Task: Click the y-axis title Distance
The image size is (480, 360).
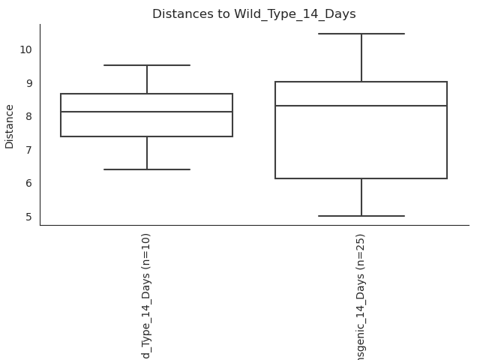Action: tap(10, 126)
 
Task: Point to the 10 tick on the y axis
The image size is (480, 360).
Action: tap(26, 49)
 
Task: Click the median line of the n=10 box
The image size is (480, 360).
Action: tap(147, 112)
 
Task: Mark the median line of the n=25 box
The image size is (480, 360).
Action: tap(361, 106)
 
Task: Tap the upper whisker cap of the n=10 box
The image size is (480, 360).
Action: tap(147, 65)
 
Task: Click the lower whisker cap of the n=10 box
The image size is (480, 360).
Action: tap(147, 169)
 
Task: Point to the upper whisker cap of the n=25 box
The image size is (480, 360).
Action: tap(361, 34)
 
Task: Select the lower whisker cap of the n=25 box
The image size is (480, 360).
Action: tap(361, 216)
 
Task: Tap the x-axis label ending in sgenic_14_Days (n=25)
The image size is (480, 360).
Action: tap(361, 296)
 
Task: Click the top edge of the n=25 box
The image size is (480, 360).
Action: tap(361, 82)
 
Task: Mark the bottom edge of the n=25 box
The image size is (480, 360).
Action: tap(361, 178)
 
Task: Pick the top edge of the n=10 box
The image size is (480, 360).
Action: tap(147, 94)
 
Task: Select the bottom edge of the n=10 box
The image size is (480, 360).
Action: tap(147, 136)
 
